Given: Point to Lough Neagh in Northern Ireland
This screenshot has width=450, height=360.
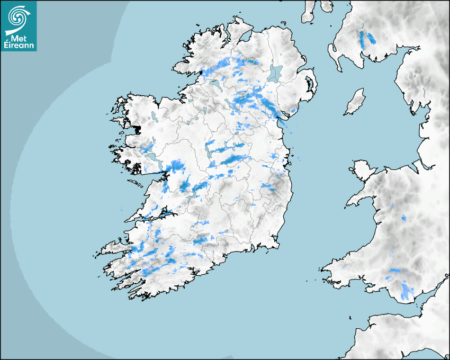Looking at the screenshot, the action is click(276, 73).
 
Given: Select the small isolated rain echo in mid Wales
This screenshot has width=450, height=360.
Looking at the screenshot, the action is click(403, 218).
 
